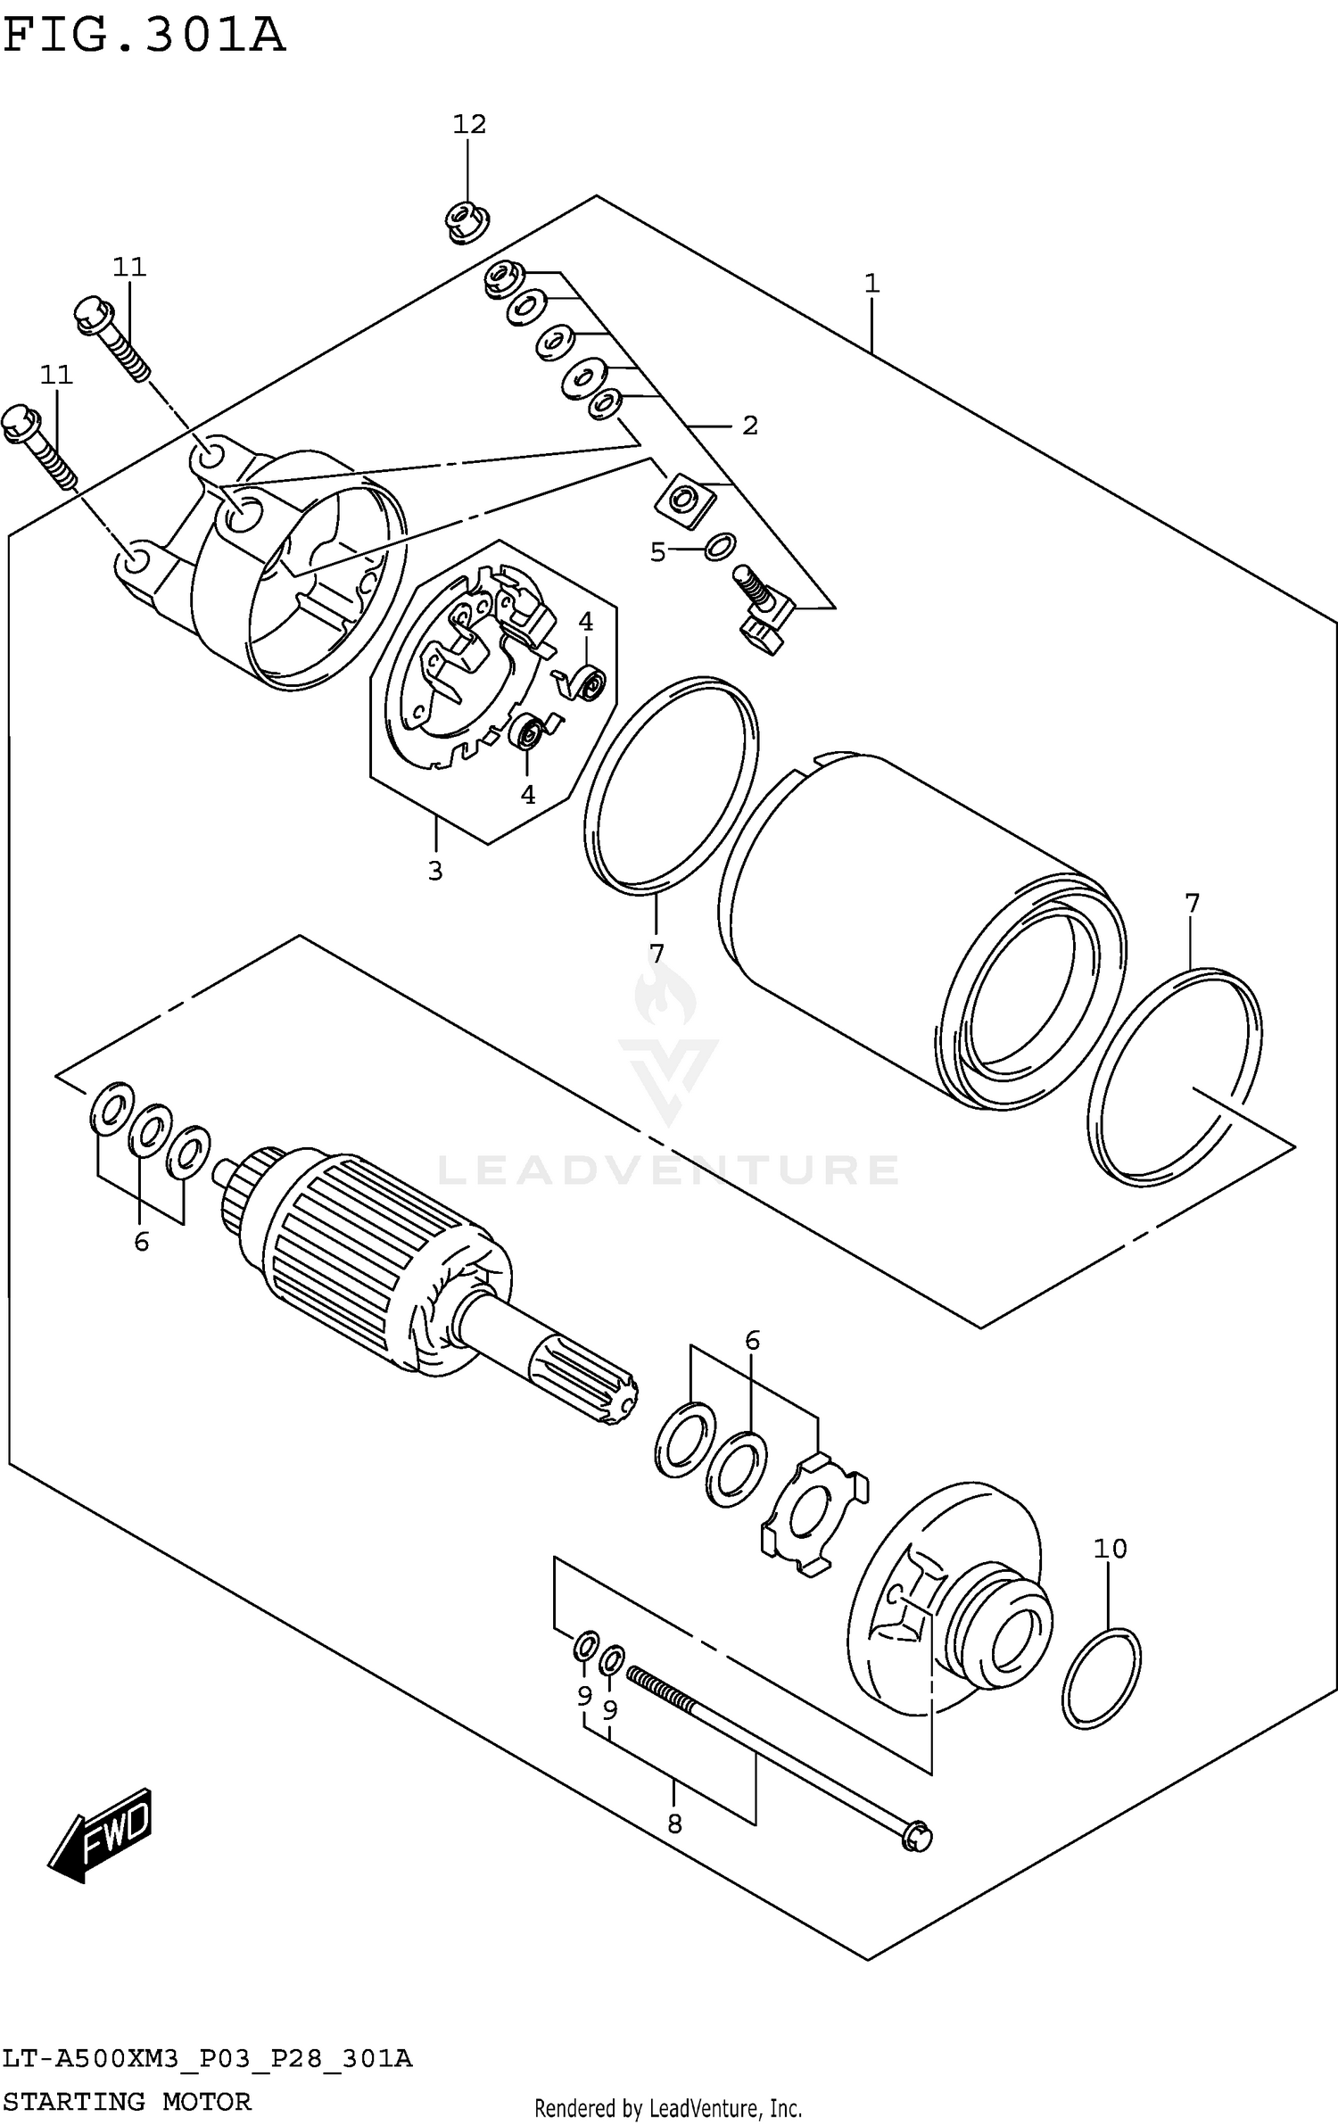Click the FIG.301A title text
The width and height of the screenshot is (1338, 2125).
[143, 36]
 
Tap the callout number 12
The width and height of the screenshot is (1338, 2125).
[469, 124]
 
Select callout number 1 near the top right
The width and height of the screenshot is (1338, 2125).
[871, 284]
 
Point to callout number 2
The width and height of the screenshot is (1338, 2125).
[749, 426]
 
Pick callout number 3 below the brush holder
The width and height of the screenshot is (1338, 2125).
[435, 871]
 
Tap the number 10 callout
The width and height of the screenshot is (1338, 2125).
[1111, 1549]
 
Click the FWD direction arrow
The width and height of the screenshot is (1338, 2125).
[100, 1834]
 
